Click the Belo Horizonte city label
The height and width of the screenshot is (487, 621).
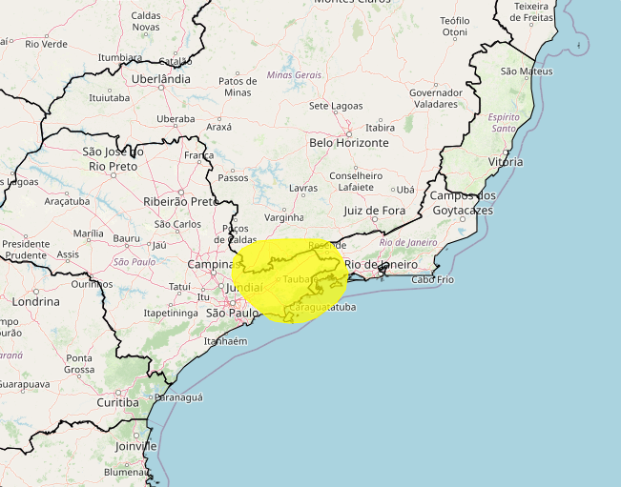coord(348,142)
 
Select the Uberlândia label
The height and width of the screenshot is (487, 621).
coord(160,79)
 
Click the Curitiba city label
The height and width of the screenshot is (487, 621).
coord(117,402)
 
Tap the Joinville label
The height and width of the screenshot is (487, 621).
coord(134,445)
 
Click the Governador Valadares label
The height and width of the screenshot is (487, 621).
coord(435,98)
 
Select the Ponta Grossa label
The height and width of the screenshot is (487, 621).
coord(79,364)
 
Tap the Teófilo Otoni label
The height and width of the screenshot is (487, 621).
coord(455,26)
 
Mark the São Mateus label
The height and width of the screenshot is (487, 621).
coord(527,71)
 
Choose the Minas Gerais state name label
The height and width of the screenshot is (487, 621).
coord(295,74)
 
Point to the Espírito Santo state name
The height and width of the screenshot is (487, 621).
coord(504,122)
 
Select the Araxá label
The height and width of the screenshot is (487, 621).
coord(218,126)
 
